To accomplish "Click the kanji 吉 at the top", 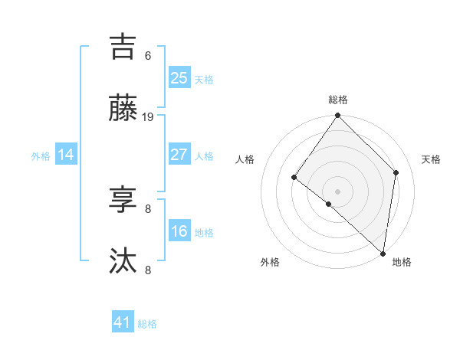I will [123, 46].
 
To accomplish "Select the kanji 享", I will [123, 200].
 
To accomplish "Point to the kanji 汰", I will [123, 261].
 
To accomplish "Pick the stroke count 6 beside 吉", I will [148, 56].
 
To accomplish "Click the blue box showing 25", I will [179, 77].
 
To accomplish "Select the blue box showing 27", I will [179, 155].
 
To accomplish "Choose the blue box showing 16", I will [179, 231].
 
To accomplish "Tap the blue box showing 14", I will [66, 155].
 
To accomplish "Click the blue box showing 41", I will [123, 322].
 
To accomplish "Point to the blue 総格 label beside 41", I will [147, 324].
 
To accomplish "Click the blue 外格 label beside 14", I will [41, 156].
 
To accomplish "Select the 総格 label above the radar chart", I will [338, 100].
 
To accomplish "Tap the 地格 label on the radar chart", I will [402, 262].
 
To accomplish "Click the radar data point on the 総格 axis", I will [338, 116].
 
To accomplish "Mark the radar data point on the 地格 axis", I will [383, 253].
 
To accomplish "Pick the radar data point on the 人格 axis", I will [294, 178].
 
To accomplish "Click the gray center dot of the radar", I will [338, 191].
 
